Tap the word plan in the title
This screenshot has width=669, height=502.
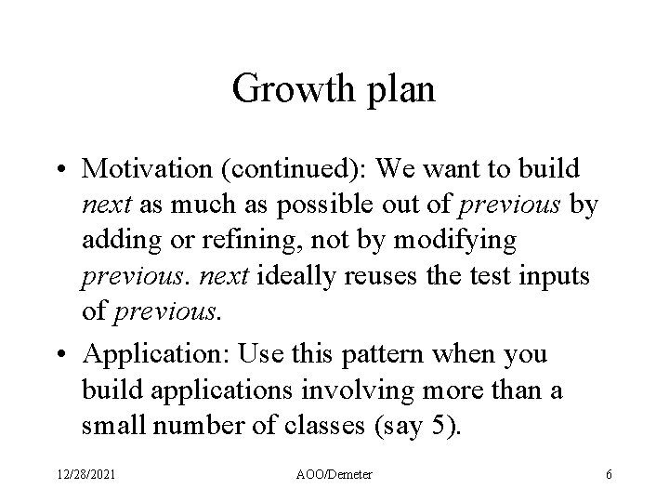click(x=400, y=90)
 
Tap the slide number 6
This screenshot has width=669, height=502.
click(x=608, y=475)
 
